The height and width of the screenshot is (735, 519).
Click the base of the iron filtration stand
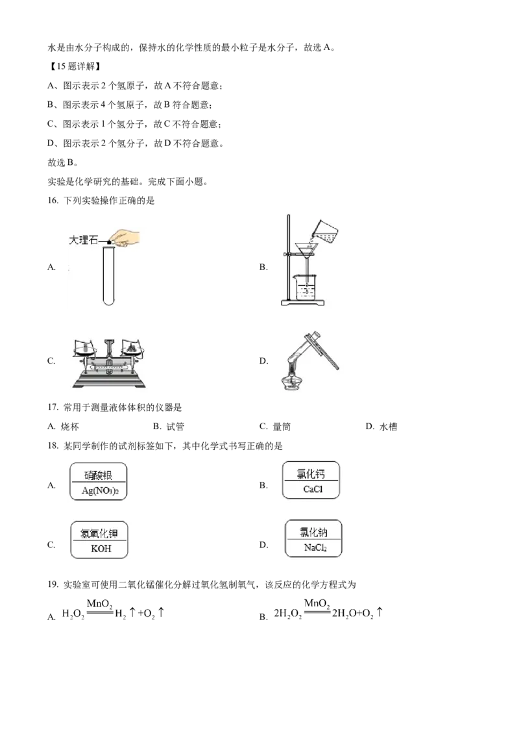(304, 302)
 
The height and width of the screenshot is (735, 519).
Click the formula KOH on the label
(101, 548)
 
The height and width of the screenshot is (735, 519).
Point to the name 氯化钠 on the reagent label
(314, 532)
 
